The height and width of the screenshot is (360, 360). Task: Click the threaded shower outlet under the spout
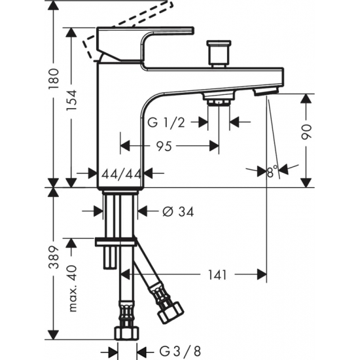tap(218, 100)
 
